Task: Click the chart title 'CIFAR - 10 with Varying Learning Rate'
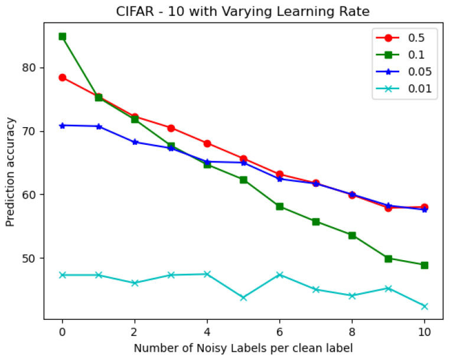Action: [x=243, y=11]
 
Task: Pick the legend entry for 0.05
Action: [x=406, y=72]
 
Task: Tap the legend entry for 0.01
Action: [x=406, y=89]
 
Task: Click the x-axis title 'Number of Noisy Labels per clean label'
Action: [x=243, y=348]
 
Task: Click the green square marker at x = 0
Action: [x=62, y=37]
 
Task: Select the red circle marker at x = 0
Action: [x=62, y=77]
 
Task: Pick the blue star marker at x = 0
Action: [x=62, y=125]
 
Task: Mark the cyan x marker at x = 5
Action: [x=243, y=297]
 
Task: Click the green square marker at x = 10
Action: [x=424, y=265]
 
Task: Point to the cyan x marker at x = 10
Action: [x=424, y=306]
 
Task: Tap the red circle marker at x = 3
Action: [x=171, y=128]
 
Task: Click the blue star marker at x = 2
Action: [x=135, y=142]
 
